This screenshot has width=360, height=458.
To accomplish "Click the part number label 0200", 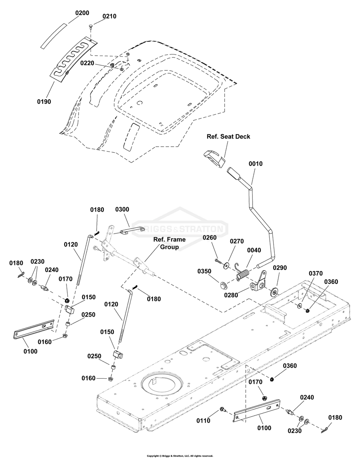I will pos(82,13).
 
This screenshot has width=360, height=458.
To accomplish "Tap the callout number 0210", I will pos(109,17).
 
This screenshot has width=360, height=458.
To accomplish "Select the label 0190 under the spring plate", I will pos(44,102).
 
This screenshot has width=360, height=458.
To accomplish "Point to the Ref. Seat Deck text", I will pos(228,136).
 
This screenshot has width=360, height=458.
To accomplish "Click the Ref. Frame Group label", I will pos(169,243).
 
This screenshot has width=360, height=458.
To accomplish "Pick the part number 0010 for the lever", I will pos(256,164).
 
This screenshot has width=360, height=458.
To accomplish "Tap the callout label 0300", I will pos(122,209).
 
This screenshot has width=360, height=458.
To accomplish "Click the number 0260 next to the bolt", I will pos(210,237).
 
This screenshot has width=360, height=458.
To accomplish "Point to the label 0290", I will pos(280,268).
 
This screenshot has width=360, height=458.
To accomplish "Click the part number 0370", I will pos(316,273).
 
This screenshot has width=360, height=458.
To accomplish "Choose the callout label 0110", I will pos(203,421).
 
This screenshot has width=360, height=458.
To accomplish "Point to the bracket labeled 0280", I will pos(259,284).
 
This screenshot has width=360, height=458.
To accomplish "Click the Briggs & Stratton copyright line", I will pos(180,455).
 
